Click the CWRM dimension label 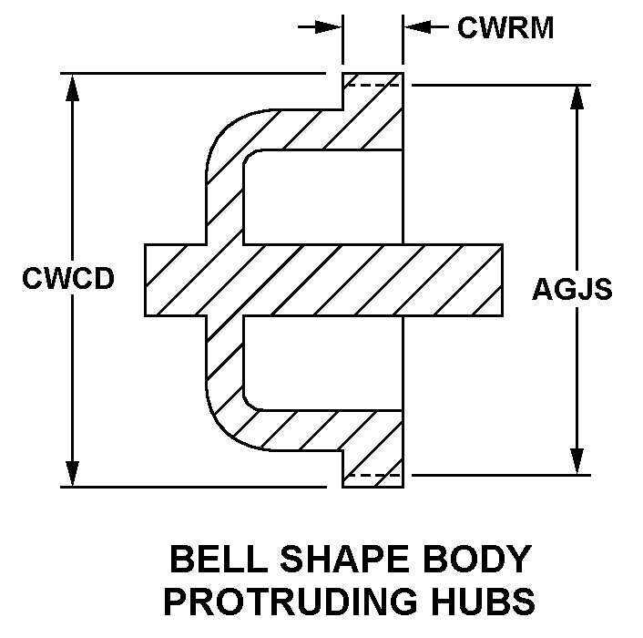click(505, 28)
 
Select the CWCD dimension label click(68, 279)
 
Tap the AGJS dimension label click(572, 290)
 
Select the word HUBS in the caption click(488, 602)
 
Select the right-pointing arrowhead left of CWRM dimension click(331, 28)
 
